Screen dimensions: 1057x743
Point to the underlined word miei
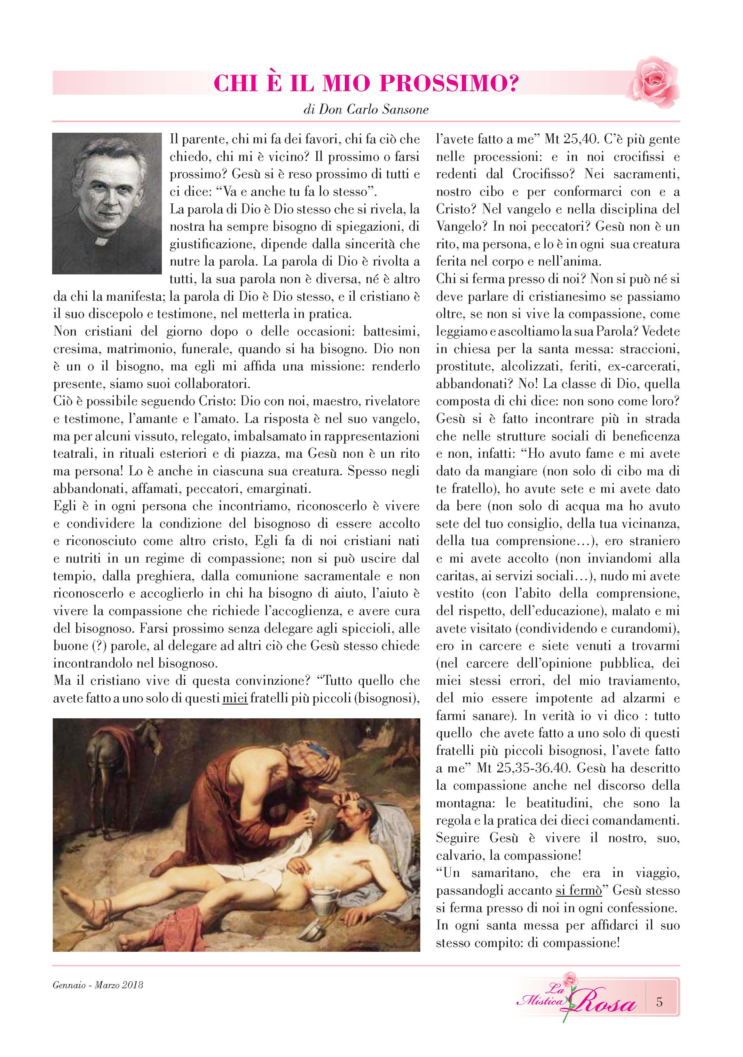[235, 698]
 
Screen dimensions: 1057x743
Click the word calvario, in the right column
[460, 856]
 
